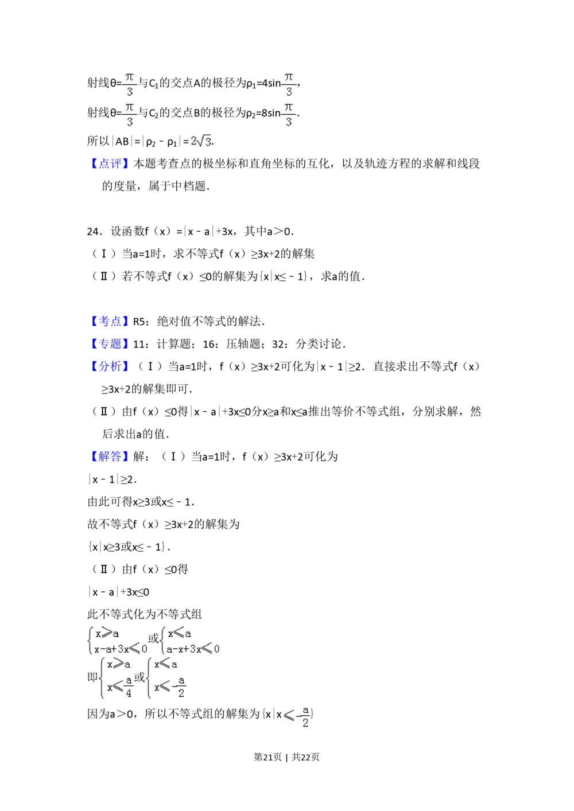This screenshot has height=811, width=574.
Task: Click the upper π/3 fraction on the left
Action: pyautogui.click(x=129, y=84)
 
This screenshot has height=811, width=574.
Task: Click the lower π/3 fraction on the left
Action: pyautogui.click(x=129, y=114)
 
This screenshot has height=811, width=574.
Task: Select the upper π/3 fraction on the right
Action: pyautogui.click(x=289, y=84)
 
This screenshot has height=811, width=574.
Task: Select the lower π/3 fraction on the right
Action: pyautogui.click(x=289, y=114)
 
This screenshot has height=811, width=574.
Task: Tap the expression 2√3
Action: pyautogui.click(x=200, y=141)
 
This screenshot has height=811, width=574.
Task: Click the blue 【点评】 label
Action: pyautogui.click(x=110, y=163)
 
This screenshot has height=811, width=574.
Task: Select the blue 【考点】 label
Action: pyautogui.click(x=110, y=321)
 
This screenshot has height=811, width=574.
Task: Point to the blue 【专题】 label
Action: pyautogui.click(x=110, y=344)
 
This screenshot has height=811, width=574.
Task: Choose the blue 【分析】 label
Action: pyautogui.click(x=110, y=365)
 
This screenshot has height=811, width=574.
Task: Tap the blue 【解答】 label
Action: pyautogui.click(x=110, y=457)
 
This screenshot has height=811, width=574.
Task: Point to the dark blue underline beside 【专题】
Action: pyautogui.click(x=144, y=350)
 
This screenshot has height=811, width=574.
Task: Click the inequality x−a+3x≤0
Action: pyautogui.click(x=121, y=649)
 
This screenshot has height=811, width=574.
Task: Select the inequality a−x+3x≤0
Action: pyautogui.click(x=193, y=649)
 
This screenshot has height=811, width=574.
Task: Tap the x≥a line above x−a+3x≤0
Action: pyautogui.click(x=107, y=634)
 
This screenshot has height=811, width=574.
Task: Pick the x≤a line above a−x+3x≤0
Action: pyautogui.click(x=179, y=634)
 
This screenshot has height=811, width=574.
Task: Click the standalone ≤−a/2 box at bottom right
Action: pyautogui.click(x=296, y=716)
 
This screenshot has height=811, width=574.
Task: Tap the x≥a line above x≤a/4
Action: pyautogui.click(x=119, y=665)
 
